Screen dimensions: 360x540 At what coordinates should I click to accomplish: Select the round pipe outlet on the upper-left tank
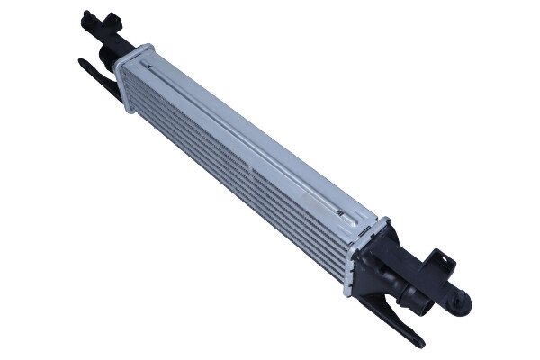tap(107, 59)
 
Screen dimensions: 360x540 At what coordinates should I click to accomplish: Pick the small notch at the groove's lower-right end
tap(341, 213)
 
